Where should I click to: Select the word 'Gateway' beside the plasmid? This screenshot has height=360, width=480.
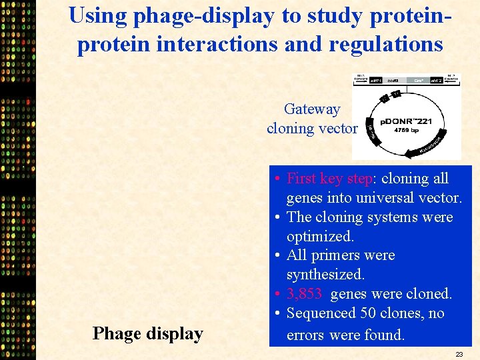pos(312,109)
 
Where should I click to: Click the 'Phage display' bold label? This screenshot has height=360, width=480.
pos(147,333)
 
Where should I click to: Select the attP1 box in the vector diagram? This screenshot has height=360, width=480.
pos(376,81)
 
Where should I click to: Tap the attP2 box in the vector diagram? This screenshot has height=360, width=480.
pos(437,81)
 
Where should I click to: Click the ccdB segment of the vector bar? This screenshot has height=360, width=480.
pos(393,81)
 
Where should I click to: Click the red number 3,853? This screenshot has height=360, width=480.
pos(304,294)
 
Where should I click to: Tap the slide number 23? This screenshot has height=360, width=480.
pos(459,354)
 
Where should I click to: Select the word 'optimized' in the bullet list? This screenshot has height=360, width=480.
pos(319,237)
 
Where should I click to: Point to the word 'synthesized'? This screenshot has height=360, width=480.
pos(325,275)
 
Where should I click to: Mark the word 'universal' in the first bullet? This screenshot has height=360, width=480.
pos(374,198)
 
